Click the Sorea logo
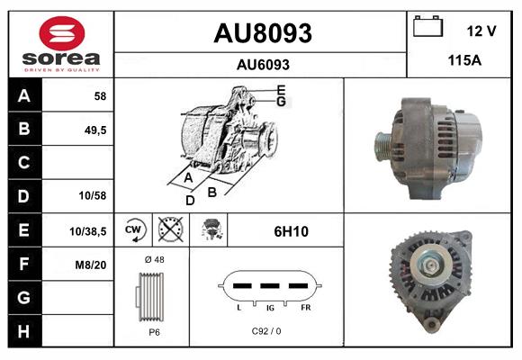point(61,45)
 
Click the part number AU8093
point(262,33)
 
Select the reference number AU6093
point(262,64)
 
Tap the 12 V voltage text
point(481,31)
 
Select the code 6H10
point(291,231)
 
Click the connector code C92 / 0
point(266,331)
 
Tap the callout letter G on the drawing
point(281,102)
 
